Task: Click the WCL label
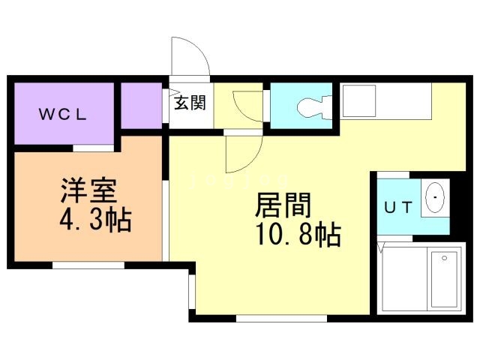62,115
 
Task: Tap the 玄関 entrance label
190,103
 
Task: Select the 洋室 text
88,190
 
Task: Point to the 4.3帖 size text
95,220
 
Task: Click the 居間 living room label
283,205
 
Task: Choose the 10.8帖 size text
298,235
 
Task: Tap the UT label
398,208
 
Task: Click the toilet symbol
314,107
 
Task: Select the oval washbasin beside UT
435,198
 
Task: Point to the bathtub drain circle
445,258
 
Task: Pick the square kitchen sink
359,101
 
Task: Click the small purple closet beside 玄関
142,106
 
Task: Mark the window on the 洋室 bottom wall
88,265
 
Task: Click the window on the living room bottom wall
282,318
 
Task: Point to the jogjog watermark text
239,181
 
